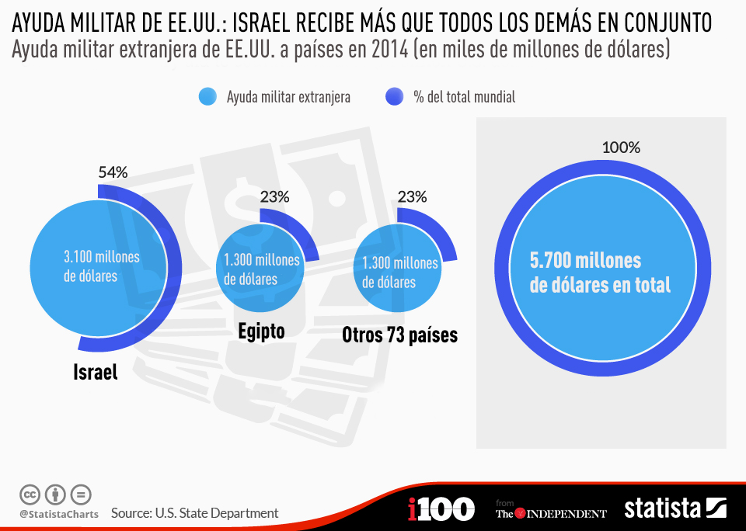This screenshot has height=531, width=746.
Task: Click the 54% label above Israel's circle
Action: (113, 172)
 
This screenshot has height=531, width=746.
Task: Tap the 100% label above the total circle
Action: (621, 147)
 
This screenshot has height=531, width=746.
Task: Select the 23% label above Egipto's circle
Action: (274, 197)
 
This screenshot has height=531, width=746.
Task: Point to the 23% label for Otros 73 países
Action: (412, 197)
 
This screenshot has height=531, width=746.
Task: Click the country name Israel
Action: (96, 372)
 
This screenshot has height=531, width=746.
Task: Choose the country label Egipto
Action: (261, 331)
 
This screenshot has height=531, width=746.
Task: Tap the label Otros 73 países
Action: (399, 335)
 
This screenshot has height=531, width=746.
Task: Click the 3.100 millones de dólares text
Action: (101, 266)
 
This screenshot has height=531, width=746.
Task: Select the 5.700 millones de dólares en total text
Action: (599, 272)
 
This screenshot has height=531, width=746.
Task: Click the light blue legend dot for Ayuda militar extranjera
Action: (207, 96)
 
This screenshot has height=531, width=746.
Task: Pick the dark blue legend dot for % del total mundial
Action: (394, 96)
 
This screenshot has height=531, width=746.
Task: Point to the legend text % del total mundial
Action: (464, 97)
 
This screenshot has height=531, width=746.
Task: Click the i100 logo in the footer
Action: (441, 509)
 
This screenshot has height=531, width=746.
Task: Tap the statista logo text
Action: (662, 508)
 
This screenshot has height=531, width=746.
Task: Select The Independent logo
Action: (551, 512)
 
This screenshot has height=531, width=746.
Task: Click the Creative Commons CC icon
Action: (30, 494)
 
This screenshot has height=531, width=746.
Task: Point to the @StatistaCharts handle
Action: (59, 514)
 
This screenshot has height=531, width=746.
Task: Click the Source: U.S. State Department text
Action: (194, 513)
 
